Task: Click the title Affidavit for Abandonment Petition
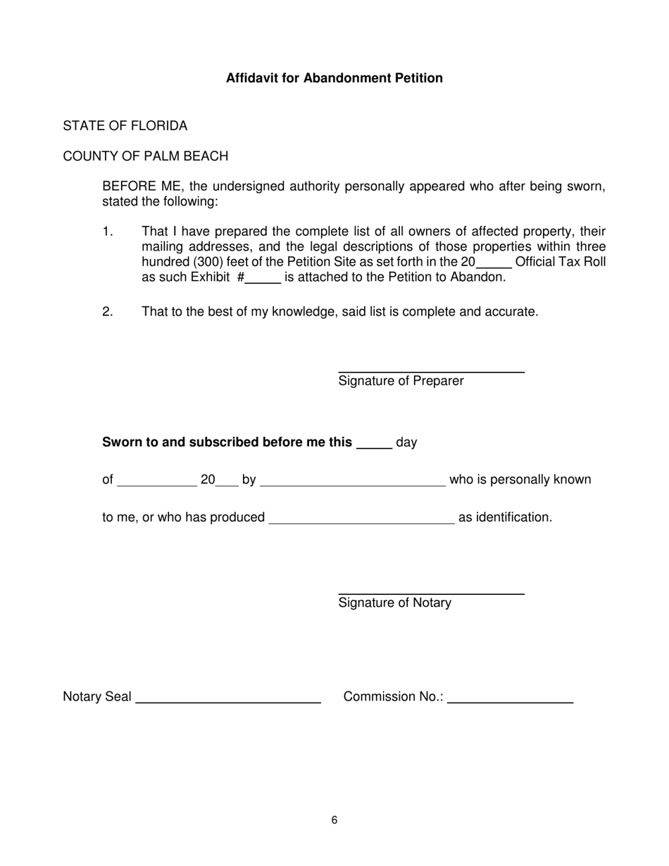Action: coord(334,78)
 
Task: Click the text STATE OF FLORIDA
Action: coord(125,126)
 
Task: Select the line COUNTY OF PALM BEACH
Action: coord(146,156)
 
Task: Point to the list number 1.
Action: coord(108,232)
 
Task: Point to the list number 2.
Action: coord(108,311)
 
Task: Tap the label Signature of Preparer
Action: coord(401,382)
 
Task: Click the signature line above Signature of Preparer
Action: coord(431,371)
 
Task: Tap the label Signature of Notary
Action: coord(394,603)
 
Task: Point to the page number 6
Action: coord(334,820)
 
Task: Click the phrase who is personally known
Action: coord(520,480)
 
